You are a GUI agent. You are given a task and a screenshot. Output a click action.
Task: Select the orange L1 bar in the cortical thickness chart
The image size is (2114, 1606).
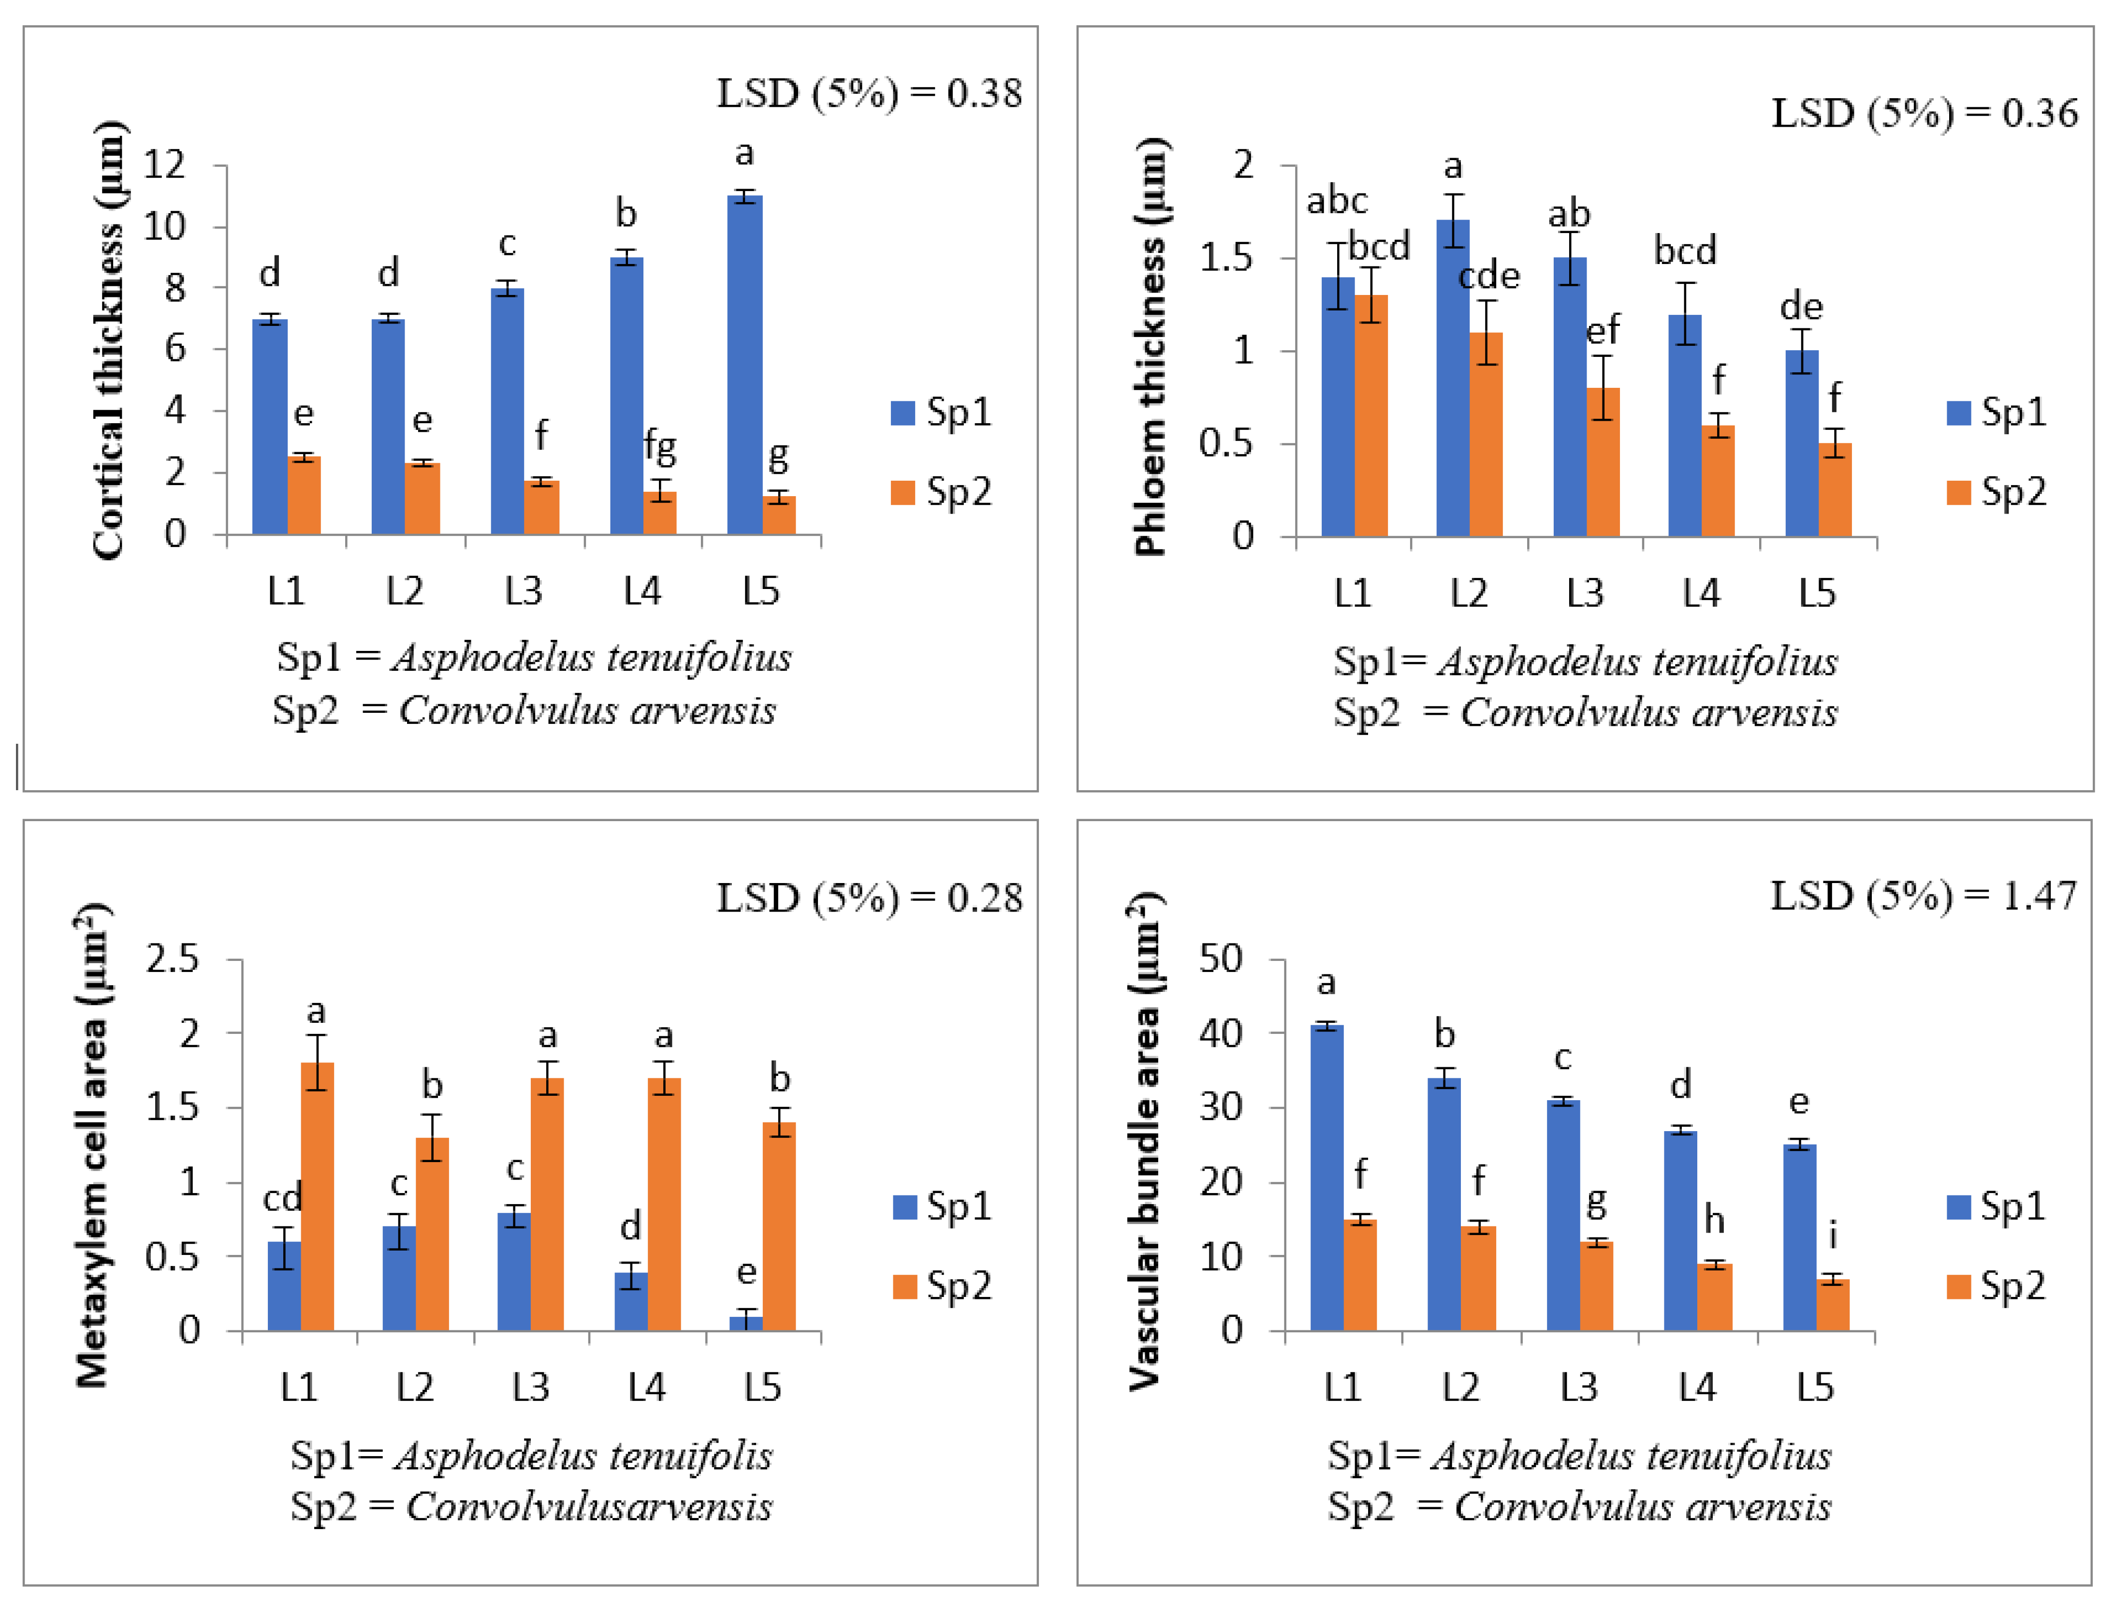coord(304,496)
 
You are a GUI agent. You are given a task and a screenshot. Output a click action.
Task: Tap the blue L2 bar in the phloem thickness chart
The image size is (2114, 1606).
coord(1453,378)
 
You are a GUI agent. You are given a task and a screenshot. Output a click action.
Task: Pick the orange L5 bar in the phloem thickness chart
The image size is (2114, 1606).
coord(1835,489)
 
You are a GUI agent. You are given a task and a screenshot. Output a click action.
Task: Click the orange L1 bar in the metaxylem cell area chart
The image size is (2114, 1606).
coord(317,1196)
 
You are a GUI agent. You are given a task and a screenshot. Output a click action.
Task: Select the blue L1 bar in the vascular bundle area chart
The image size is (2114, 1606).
coord(1327,1178)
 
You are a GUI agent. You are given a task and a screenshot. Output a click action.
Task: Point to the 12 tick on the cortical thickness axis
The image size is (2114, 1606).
coord(164,165)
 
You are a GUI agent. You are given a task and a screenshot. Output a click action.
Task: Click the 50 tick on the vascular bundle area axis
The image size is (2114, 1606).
coord(1222,959)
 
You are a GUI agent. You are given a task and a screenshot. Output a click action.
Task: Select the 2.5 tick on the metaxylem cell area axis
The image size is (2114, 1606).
coord(172,959)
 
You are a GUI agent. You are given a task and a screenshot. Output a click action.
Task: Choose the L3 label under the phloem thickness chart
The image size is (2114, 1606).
coord(1585,594)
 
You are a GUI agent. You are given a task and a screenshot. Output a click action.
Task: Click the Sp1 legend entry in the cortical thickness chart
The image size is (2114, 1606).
coord(941,412)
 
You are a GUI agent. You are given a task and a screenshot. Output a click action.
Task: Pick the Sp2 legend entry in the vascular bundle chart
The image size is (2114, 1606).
coord(1997,1286)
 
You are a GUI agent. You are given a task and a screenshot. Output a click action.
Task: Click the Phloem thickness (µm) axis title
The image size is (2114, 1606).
coord(1151,346)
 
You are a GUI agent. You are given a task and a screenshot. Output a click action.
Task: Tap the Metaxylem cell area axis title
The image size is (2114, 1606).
coord(93,1144)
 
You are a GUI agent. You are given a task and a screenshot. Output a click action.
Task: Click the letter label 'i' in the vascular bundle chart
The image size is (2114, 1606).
coord(1833,1236)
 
